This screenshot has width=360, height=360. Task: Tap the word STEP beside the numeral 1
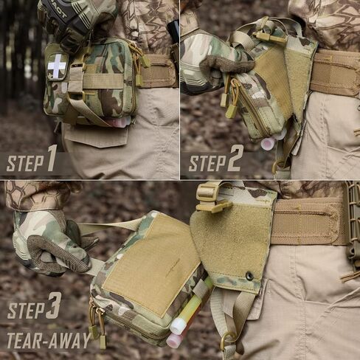(x=24, y=163)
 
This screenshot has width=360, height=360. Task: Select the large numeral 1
(x=52, y=158)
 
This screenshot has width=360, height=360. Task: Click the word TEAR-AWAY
(x=49, y=340)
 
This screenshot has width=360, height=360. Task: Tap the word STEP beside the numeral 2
(x=207, y=163)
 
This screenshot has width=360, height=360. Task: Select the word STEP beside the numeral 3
(x=26, y=311)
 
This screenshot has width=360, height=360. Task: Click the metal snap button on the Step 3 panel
(x=250, y=276)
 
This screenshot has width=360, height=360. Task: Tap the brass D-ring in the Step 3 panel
(x=226, y=339)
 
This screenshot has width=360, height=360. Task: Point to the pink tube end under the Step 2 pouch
(x=267, y=143)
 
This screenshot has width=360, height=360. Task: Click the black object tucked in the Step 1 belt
(x=173, y=32)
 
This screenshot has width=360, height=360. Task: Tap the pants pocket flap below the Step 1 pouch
(x=97, y=136)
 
